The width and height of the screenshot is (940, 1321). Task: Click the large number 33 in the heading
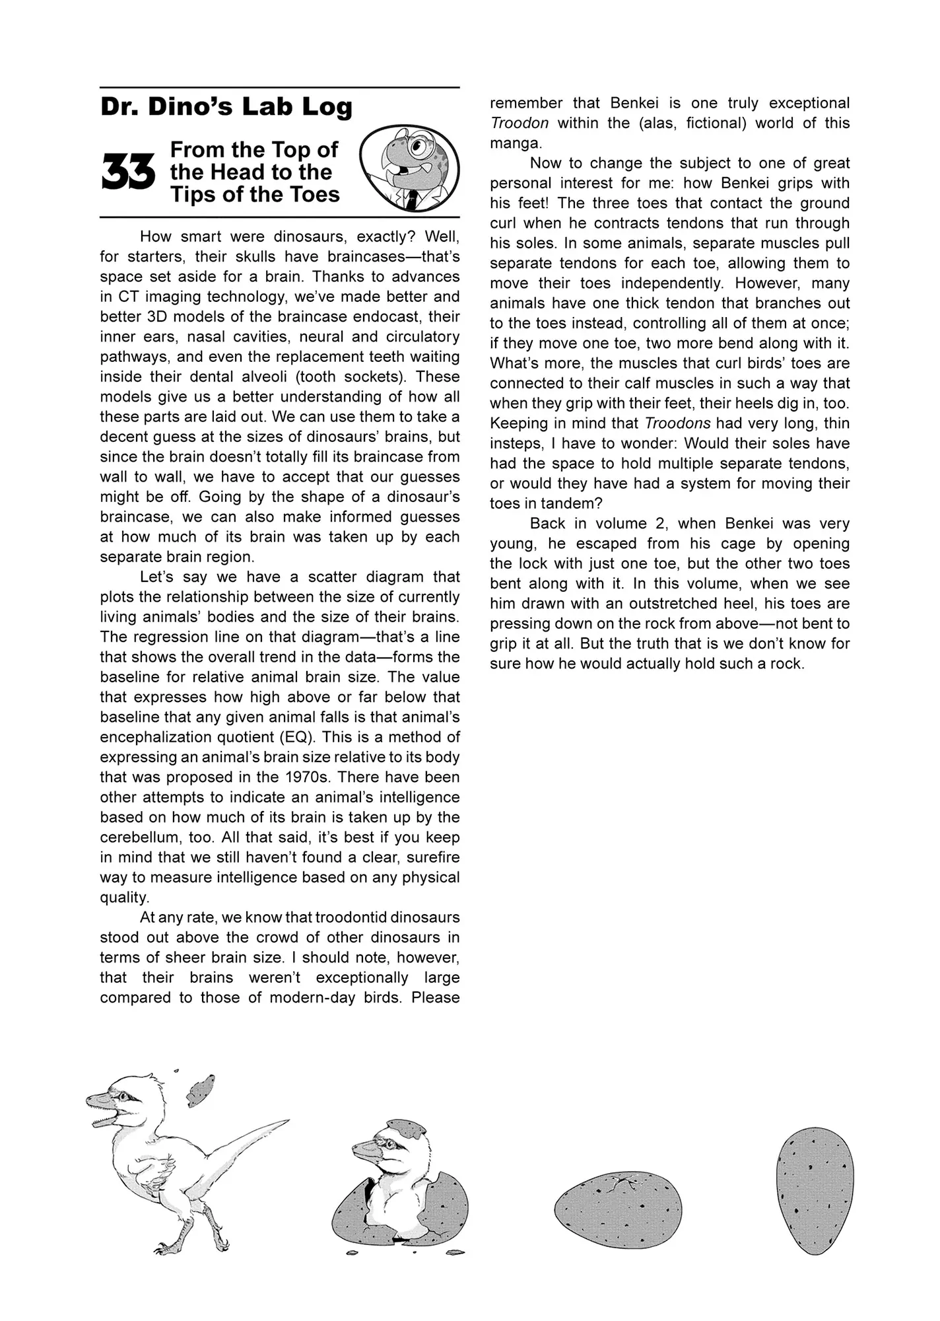[128, 173]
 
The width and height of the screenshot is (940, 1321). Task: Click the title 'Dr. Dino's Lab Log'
[226, 106]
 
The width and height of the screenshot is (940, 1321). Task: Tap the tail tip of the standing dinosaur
[285, 1121]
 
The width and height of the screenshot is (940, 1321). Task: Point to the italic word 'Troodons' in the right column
[677, 423]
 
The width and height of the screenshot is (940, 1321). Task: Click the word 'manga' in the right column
[514, 143]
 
